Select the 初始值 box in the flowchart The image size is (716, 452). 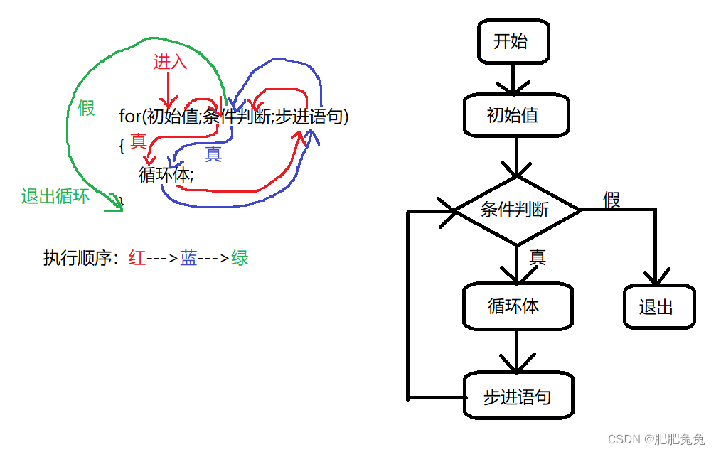(x=515, y=115)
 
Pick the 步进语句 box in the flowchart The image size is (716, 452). (x=517, y=397)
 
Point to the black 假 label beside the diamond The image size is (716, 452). (x=611, y=200)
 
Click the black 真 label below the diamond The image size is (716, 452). (x=538, y=257)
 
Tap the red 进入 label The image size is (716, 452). (x=170, y=62)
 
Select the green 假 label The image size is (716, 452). (x=86, y=108)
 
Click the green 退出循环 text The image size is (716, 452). (x=55, y=197)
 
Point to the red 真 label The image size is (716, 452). (x=138, y=141)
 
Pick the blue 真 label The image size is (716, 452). (x=213, y=154)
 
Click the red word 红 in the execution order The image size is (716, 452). (x=137, y=258)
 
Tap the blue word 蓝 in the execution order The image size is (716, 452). (x=188, y=258)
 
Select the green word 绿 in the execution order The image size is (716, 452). (x=240, y=258)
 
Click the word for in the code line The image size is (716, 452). (x=131, y=117)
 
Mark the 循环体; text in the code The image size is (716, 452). (x=166, y=174)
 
